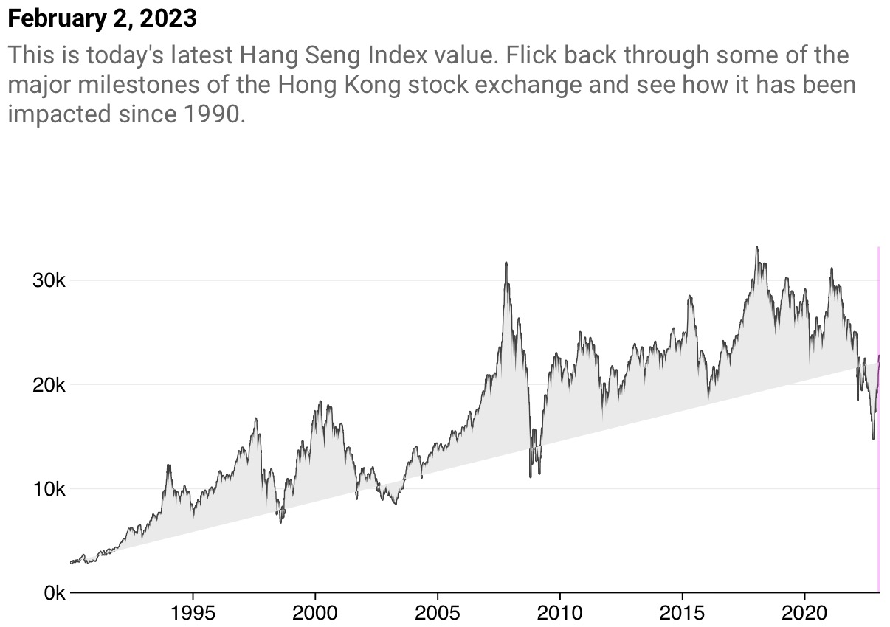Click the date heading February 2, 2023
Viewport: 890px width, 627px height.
tap(102, 18)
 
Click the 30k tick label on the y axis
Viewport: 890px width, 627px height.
tap(49, 281)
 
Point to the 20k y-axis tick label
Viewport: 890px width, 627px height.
tap(49, 385)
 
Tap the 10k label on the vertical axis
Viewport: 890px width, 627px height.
tap(49, 489)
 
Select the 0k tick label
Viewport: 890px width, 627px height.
tap(53, 593)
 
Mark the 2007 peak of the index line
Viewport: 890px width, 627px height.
tap(506, 263)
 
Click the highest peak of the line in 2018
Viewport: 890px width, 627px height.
tap(756, 248)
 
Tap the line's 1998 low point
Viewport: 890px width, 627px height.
tap(280, 522)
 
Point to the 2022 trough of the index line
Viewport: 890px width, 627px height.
tap(873, 439)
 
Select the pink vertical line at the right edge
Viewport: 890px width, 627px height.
tap(878, 413)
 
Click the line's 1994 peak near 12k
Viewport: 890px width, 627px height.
tap(168, 465)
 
